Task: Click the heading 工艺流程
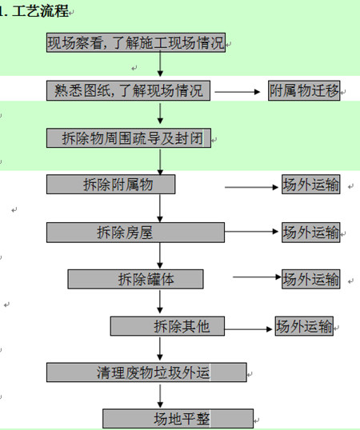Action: point(40,11)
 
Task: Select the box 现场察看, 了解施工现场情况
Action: point(136,42)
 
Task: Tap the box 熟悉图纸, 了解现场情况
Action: point(128,90)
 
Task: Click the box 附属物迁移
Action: point(304,90)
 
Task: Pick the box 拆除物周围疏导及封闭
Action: point(129,138)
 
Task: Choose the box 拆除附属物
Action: point(111,185)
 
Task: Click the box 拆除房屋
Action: point(135,233)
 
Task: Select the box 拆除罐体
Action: point(135,279)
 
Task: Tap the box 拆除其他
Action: point(167,326)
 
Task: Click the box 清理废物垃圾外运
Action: point(146,372)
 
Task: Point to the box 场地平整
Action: point(178,419)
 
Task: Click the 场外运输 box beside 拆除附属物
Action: point(311,185)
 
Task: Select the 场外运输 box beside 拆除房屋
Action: point(311,233)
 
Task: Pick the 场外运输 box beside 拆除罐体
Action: point(311,279)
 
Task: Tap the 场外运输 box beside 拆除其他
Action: point(304,326)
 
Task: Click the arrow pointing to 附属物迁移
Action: point(238,92)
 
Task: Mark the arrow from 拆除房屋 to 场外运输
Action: point(252,232)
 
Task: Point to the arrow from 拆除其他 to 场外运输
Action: point(248,329)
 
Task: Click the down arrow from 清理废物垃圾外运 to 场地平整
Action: point(160,396)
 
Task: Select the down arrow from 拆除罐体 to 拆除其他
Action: point(160,302)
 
